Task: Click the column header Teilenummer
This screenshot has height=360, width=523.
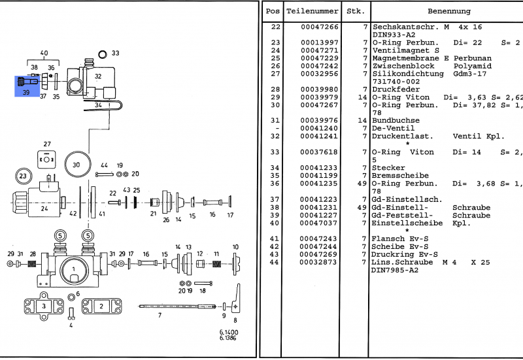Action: tap(312, 12)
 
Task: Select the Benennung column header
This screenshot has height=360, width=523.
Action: tap(448, 12)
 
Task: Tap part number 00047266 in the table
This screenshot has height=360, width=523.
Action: tap(320, 27)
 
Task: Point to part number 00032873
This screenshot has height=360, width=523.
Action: tap(320, 262)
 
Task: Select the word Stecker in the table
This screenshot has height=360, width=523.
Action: tap(388, 168)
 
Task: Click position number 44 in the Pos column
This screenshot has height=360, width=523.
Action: tap(275, 262)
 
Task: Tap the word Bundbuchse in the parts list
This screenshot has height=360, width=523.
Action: tap(396, 121)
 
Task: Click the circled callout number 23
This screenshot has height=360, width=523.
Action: tap(23, 176)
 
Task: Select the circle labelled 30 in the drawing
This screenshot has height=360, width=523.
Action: tap(76, 165)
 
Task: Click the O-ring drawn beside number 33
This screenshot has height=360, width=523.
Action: tap(101, 54)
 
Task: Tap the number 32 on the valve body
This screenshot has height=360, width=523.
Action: tap(98, 76)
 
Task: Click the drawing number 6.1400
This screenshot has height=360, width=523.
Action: tap(229, 333)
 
